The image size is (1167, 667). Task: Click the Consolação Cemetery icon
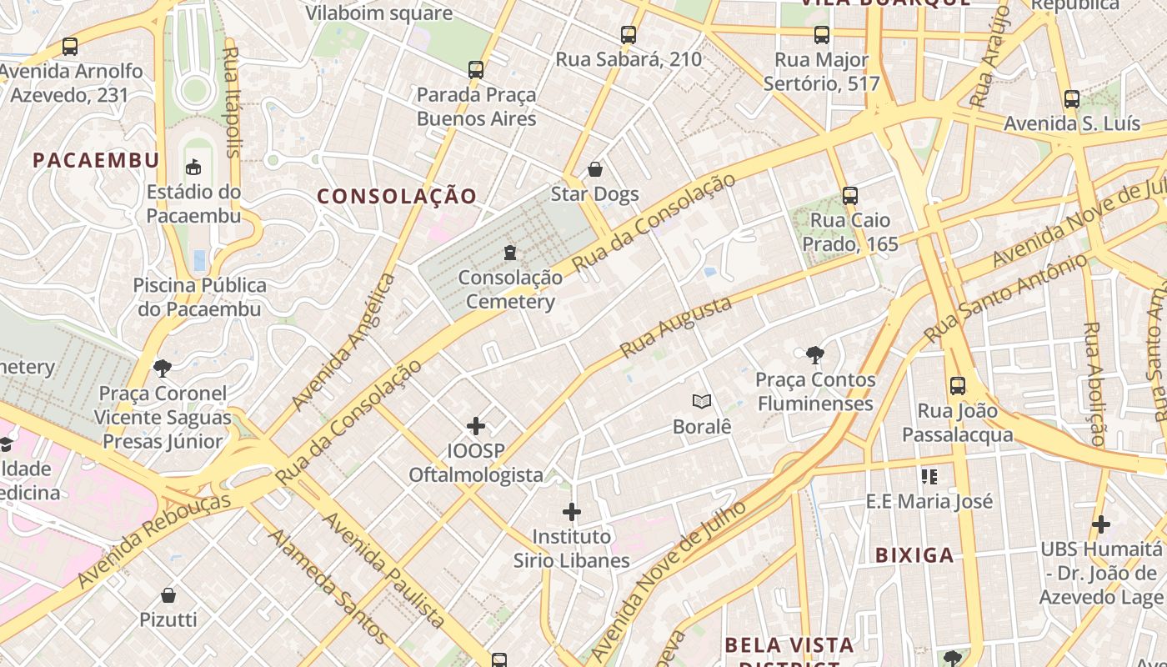(x=510, y=252)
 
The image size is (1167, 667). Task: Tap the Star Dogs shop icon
(x=595, y=170)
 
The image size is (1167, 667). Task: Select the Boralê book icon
(x=702, y=402)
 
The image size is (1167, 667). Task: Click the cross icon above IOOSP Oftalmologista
(x=476, y=426)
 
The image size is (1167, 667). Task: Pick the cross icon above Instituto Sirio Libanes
(x=572, y=511)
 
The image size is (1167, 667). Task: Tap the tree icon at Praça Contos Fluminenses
(x=814, y=355)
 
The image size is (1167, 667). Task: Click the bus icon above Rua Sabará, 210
(x=629, y=35)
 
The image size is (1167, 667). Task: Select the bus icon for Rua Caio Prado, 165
(x=850, y=196)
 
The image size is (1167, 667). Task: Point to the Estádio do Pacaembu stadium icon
(x=193, y=168)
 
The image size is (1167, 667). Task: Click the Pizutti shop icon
(x=168, y=595)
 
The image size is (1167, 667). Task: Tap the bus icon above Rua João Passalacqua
(x=958, y=386)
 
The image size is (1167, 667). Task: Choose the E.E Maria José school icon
(x=929, y=477)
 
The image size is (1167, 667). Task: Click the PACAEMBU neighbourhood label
(x=96, y=160)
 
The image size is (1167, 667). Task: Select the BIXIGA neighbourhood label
(x=914, y=555)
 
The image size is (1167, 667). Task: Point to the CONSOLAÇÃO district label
(x=397, y=197)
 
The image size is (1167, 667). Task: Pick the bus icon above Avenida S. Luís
(x=1072, y=99)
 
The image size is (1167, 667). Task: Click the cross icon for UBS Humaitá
(x=1101, y=524)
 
